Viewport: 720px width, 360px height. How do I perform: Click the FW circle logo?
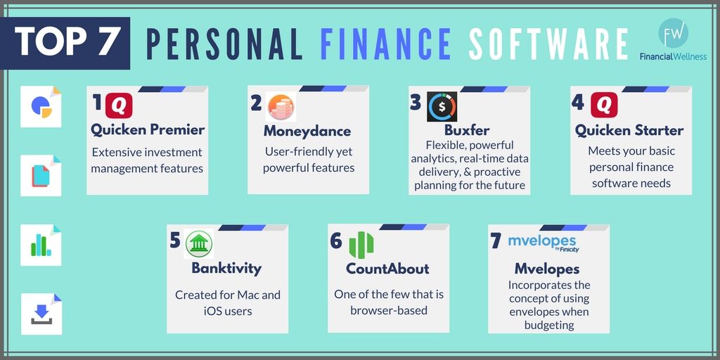(673, 33)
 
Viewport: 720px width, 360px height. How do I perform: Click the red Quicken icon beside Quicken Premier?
(120, 105)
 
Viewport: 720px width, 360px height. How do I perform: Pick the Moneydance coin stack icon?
(281, 106)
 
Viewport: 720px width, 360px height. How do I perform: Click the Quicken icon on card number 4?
(604, 105)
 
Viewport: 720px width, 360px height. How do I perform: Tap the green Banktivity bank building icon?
(199, 243)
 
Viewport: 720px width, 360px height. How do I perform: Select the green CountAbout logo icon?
(361, 243)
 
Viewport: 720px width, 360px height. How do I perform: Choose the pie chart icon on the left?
(41, 106)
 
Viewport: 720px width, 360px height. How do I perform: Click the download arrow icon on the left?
(41, 311)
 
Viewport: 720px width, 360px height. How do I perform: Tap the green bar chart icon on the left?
(41, 245)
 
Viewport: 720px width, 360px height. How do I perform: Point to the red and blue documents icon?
(41, 175)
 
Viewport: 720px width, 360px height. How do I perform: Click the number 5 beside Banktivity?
(175, 240)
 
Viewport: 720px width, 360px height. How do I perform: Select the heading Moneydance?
(307, 131)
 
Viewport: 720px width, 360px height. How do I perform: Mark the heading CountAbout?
(387, 269)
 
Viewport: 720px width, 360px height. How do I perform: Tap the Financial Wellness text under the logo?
(673, 56)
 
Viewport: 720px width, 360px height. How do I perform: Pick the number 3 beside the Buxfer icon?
(416, 103)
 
